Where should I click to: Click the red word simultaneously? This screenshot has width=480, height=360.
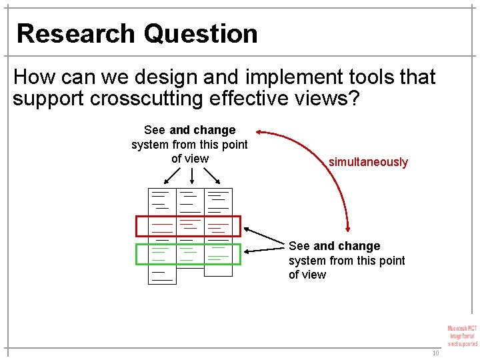[x=368, y=162]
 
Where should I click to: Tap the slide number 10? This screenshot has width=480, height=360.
[x=435, y=353]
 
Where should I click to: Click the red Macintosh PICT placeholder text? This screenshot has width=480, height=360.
[x=463, y=335]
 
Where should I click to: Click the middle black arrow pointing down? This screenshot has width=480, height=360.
[x=192, y=176]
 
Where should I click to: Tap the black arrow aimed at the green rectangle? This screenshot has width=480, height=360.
[x=265, y=249]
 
